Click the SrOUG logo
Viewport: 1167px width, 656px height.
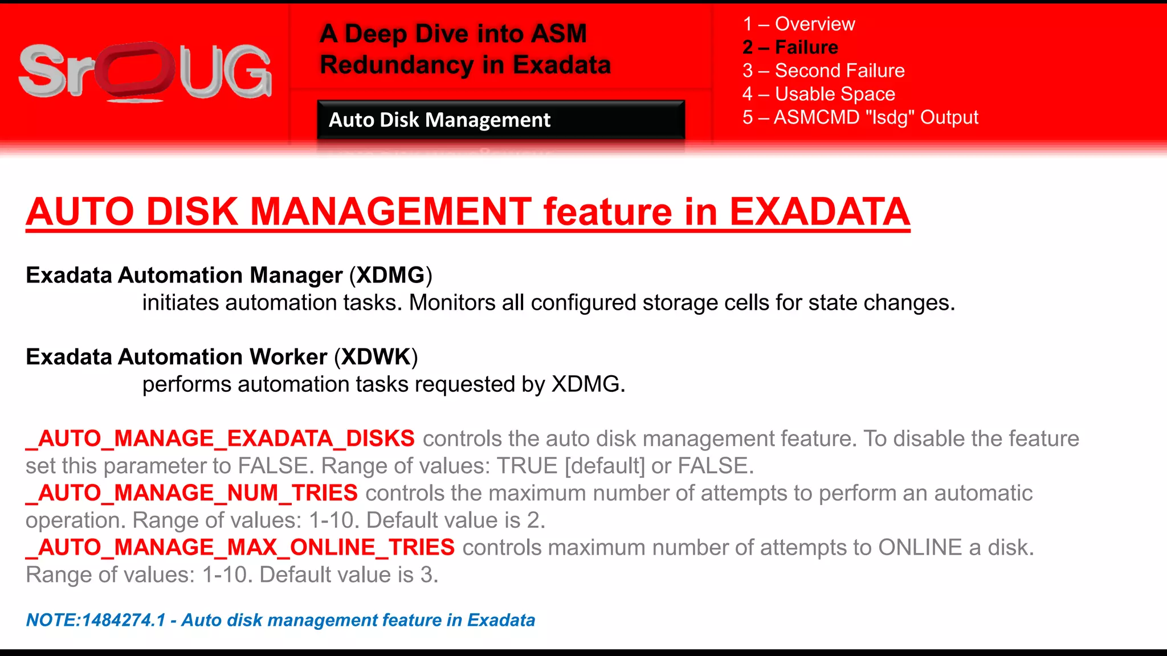(x=145, y=72)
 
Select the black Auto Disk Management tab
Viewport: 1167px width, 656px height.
(x=500, y=120)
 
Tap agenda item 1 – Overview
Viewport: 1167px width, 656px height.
(x=798, y=24)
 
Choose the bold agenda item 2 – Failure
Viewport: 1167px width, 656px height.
(x=790, y=47)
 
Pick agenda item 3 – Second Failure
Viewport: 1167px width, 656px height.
(x=823, y=71)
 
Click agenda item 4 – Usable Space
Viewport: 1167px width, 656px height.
(x=818, y=94)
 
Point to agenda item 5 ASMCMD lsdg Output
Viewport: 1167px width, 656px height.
(x=860, y=117)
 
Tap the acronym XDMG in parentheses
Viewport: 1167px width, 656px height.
(x=390, y=275)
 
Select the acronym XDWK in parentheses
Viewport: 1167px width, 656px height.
(x=376, y=357)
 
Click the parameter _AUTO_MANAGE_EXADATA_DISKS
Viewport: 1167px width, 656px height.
(x=221, y=438)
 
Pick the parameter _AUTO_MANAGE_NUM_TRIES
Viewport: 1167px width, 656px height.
(x=192, y=493)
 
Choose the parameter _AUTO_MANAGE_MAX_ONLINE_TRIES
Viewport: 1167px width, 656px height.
(x=240, y=548)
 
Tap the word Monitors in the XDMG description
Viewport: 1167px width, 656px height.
(x=452, y=303)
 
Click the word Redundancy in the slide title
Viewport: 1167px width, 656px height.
(x=397, y=65)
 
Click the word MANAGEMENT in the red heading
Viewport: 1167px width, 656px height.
(x=391, y=212)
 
